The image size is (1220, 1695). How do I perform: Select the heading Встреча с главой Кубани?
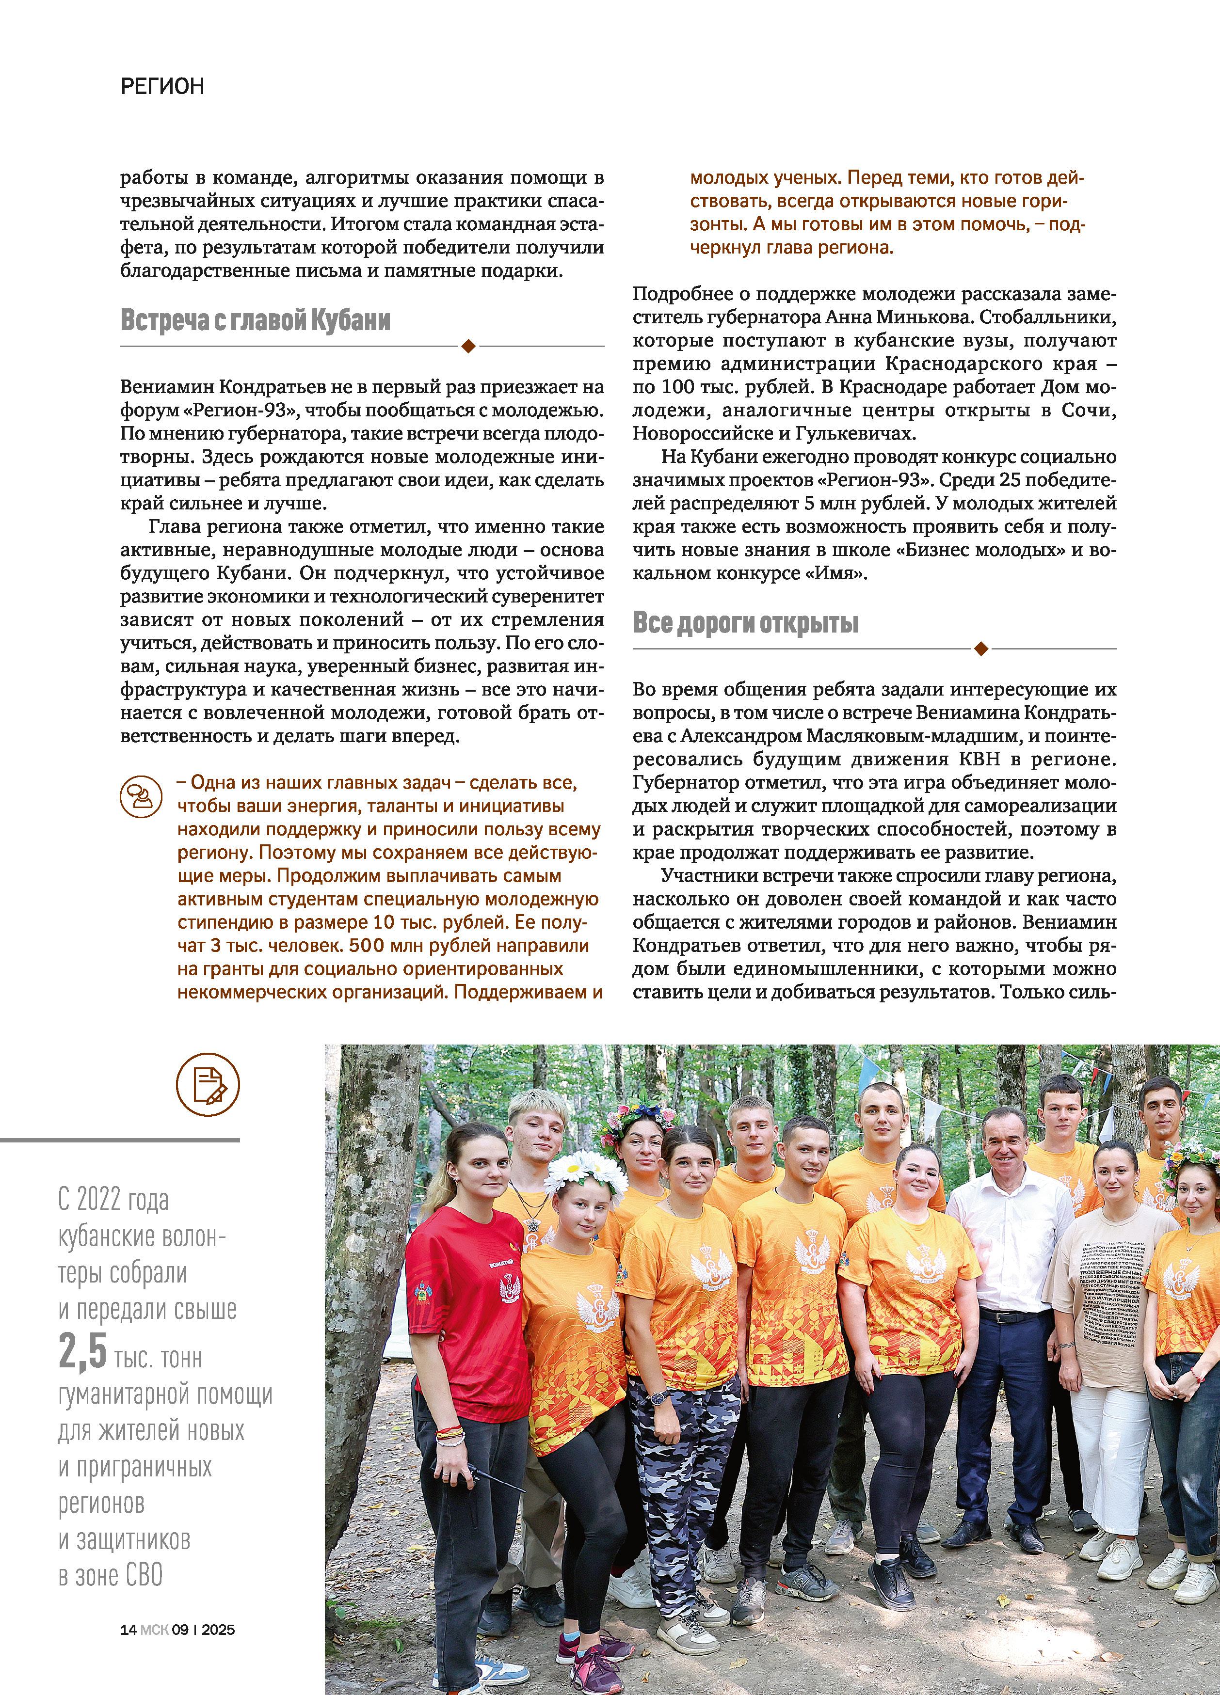click(256, 320)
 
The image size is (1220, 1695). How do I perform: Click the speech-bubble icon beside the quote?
click(141, 795)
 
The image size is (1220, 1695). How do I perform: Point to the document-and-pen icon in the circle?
click(208, 1086)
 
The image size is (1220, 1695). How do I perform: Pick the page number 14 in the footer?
click(128, 1629)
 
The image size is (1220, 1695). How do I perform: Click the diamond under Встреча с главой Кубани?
click(469, 346)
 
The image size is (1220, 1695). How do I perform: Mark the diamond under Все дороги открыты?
click(981, 649)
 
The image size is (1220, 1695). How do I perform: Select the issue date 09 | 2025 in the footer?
click(203, 1629)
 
